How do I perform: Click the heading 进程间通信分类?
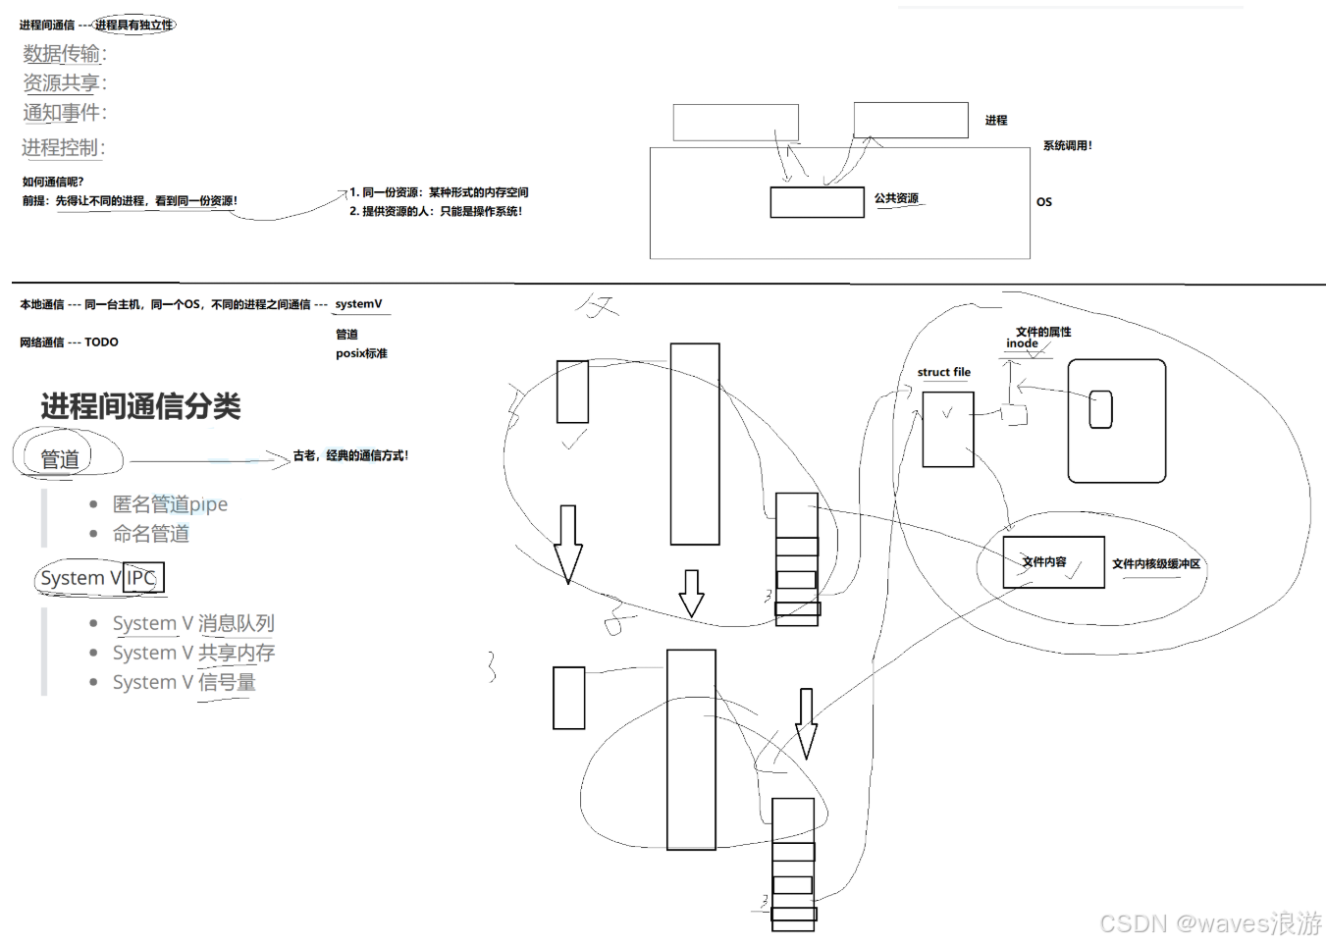[x=140, y=406]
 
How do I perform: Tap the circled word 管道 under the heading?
[x=60, y=459]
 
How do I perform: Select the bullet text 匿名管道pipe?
[x=170, y=504]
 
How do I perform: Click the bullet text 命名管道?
[x=151, y=534]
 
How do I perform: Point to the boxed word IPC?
[x=142, y=578]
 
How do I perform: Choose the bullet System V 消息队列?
[x=193, y=623]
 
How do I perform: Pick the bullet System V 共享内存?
[x=193, y=653]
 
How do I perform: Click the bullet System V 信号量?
[x=185, y=682]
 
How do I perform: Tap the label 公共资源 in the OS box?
[x=896, y=198]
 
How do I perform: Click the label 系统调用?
[x=1067, y=145]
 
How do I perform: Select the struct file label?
[x=943, y=373]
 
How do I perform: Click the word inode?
[x=1022, y=343]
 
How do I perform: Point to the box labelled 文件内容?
[x=1053, y=562]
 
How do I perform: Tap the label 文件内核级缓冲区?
[x=1156, y=564]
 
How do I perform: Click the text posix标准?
[x=361, y=353]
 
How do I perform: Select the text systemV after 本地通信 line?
[x=358, y=304]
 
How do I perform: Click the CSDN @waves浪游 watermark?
[x=1210, y=923]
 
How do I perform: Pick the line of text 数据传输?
[x=65, y=54]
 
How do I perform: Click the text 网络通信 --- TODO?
[x=69, y=342]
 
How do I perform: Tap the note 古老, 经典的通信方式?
[x=350, y=456]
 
